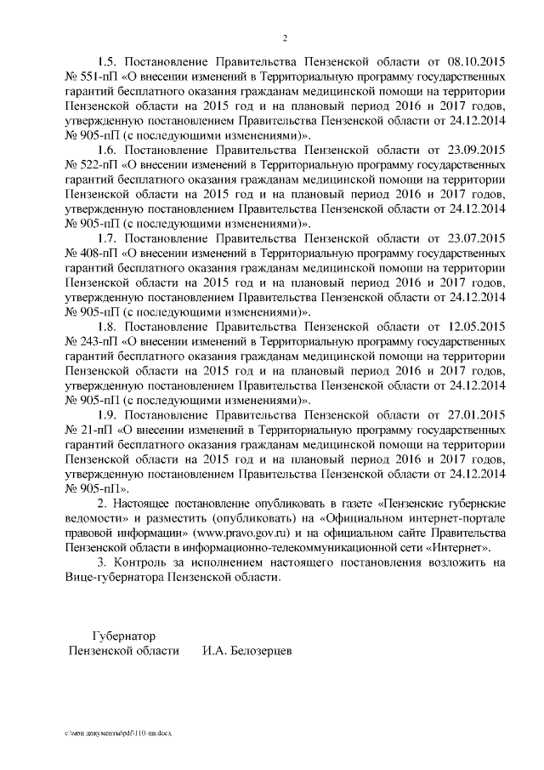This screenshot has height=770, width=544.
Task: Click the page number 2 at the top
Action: (285, 37)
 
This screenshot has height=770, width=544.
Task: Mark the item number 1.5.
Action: (109, 62)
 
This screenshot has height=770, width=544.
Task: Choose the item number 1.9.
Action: (109, 414)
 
